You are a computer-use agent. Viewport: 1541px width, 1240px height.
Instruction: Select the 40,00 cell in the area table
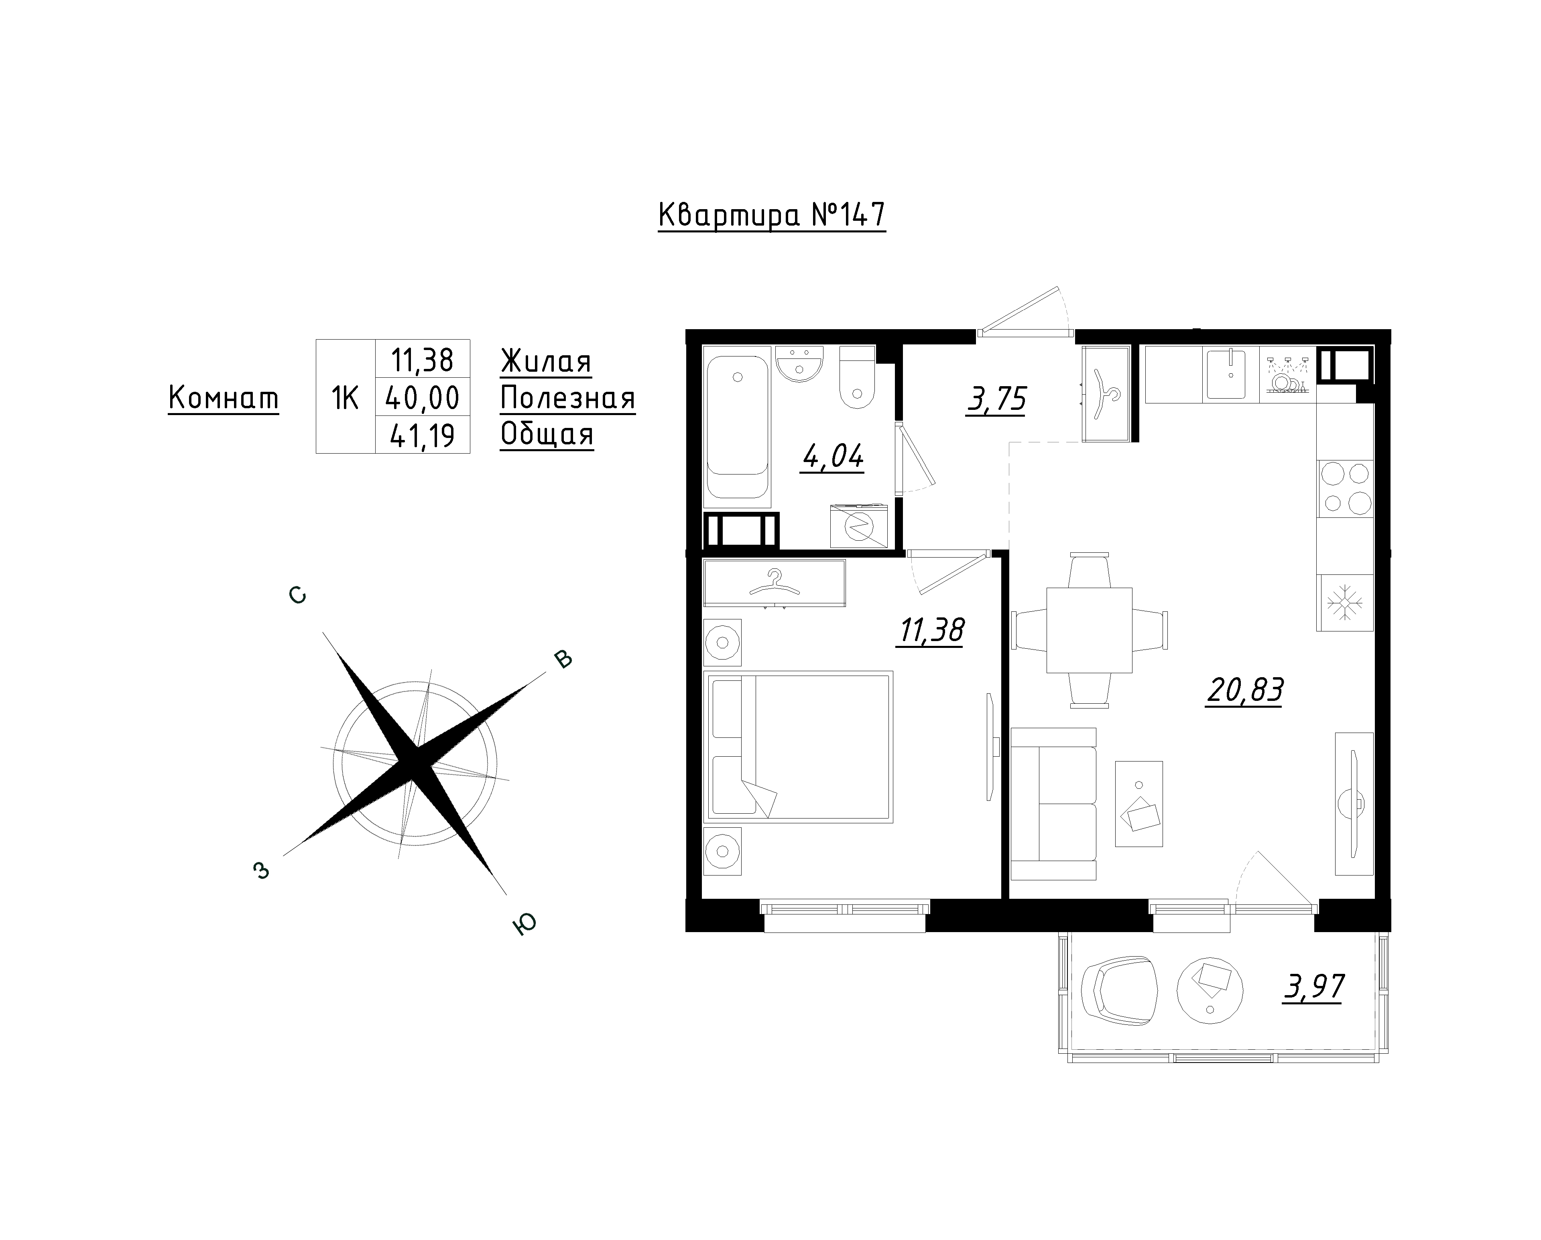423,397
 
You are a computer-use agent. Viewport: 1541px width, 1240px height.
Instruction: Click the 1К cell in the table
345,397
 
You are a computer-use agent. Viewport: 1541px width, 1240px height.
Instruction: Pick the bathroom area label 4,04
834,456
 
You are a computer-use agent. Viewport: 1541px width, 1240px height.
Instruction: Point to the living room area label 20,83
1244,691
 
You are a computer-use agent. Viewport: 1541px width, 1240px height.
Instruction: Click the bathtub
738,427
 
